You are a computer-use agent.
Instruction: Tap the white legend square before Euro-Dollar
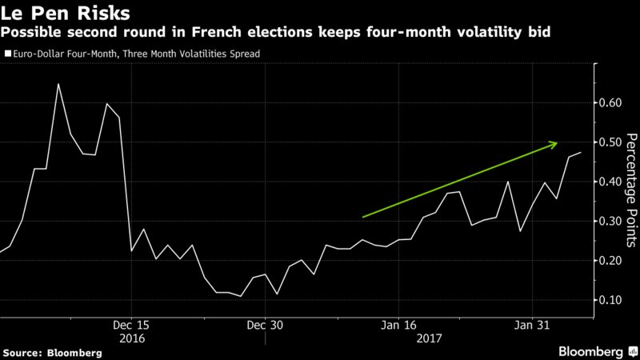8,54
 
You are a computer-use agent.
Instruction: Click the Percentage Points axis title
631,192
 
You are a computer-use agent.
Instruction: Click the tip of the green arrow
558,143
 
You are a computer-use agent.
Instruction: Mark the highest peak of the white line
58,84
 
